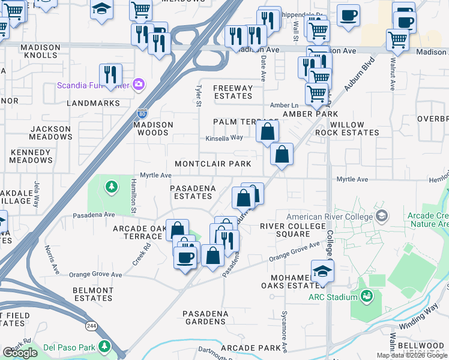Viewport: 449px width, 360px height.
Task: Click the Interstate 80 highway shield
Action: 141,112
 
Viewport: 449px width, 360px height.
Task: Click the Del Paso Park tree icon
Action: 105,347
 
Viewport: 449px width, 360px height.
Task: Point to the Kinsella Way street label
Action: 224,137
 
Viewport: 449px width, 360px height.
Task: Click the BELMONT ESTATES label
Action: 93,294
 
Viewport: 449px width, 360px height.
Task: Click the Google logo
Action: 20,353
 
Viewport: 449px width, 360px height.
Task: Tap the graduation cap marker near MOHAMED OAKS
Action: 322,272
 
